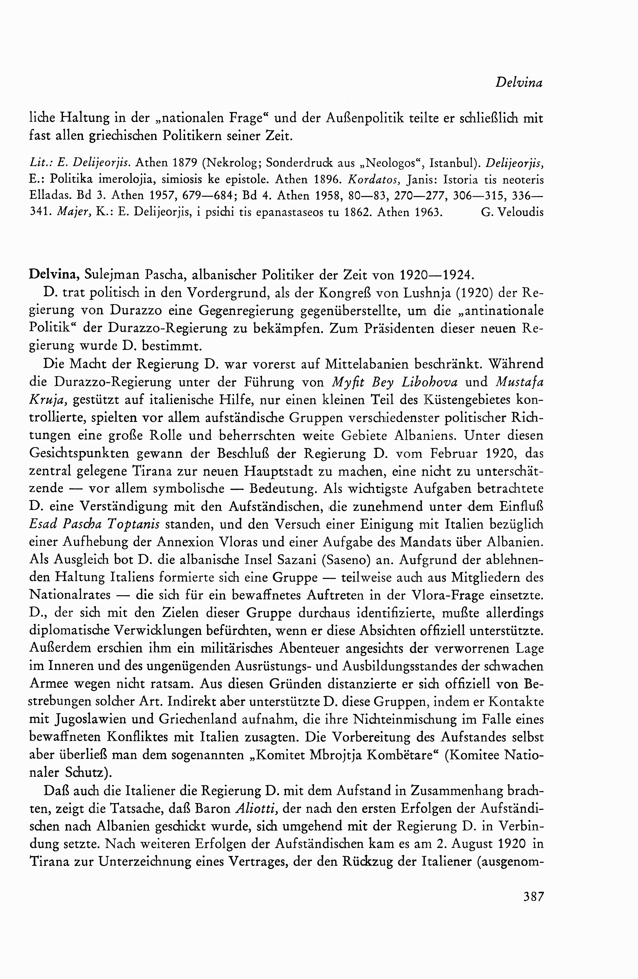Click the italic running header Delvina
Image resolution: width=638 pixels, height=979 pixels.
[519, 83]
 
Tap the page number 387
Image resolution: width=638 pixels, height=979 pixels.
[533, 896]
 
